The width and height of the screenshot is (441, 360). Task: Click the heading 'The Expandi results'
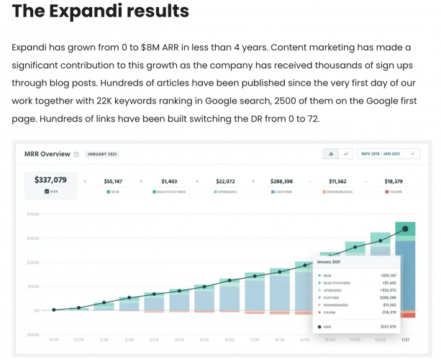pos(101,12)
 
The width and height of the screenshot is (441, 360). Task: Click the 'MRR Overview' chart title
pos(47,153)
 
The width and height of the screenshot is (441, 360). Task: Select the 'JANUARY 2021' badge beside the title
pos(103,154)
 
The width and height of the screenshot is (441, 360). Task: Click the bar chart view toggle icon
pos(331,153)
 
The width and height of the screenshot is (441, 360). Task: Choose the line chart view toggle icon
pos(346,153)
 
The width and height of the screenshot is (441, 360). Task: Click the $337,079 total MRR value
pos(50,180)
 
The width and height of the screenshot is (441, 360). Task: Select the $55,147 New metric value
pos(113,181)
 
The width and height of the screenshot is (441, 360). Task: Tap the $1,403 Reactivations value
pos(169,181)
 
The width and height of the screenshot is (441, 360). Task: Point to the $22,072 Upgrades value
pos(226,181)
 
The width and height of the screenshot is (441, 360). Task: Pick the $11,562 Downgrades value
pos(338,181)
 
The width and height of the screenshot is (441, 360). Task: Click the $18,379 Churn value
pos(394,181)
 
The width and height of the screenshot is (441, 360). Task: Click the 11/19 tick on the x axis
pos(53,338)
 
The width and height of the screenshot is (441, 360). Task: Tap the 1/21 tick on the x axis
pos(406,338)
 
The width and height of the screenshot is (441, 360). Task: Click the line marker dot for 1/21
pos(405,229)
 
